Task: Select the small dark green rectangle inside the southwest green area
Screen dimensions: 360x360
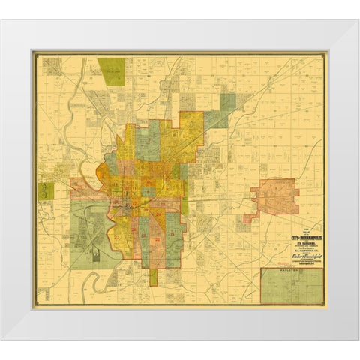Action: [96, 255]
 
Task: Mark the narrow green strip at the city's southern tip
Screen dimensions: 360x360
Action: [153, 275]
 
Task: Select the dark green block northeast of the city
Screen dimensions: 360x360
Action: [226, 101]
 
